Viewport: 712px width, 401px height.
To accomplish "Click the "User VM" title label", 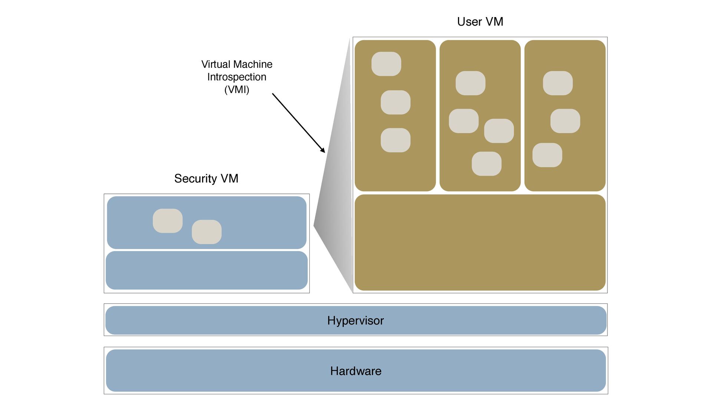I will [480, 22].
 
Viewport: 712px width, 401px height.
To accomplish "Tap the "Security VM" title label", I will [206, 179].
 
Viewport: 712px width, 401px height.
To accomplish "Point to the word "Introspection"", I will [237, 77].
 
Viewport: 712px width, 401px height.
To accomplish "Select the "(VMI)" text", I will [237, 89].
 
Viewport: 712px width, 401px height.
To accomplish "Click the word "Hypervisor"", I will [355, 320].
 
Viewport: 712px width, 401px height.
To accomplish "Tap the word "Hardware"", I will [356, 371].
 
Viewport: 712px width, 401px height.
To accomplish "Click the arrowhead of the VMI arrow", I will [323, 150].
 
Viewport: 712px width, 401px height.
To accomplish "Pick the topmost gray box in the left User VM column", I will [386, 64].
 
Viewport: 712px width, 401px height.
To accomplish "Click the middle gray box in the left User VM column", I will [395, 102].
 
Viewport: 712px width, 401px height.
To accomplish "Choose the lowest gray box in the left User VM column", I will [395, 140].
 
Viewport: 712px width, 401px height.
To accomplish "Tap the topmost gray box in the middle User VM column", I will [470, 83].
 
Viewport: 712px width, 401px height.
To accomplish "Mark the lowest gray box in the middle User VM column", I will [487, 164].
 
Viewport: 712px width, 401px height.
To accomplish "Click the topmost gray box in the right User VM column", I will [558, 83].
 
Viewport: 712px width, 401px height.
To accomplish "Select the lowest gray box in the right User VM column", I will [547, 155].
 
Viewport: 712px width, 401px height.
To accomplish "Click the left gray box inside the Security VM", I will [168, 221].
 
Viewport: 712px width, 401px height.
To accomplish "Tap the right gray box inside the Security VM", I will [207, 232].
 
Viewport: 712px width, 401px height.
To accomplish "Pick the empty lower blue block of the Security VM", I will [207, 270].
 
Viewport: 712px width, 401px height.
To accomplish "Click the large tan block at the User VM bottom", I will [480, 242].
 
